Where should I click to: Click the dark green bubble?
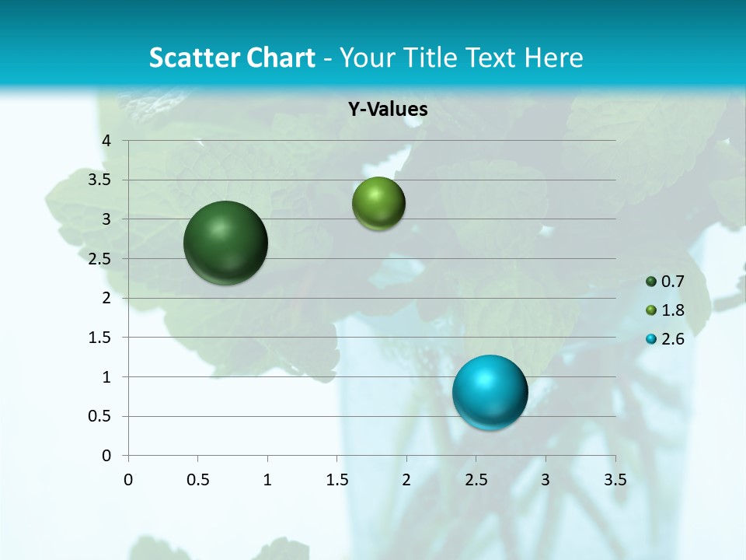pyautogui.click(x=225, y=243)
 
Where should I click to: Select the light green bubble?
pyautogui.click(x=378, y=203)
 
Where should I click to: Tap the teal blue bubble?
pyautogui.click(x=490, y=392)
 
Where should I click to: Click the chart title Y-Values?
pyautogui.click(x=387, y=110)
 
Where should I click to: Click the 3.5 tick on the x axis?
pyautogui.click(x=615, y=480)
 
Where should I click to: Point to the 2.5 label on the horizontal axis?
pyautogui.click(x=476, y=480)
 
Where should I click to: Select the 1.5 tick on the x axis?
pyautogui.click(x=336, y=480)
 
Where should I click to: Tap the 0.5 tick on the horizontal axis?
pyautogui.click(x=197, y=480)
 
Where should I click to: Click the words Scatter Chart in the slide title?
pyautogui.click(x=232, y=58)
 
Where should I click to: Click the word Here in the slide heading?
pyautogui.click(x=553, y=58)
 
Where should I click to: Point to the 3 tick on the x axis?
pyautogui.click(x=546, y=480)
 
